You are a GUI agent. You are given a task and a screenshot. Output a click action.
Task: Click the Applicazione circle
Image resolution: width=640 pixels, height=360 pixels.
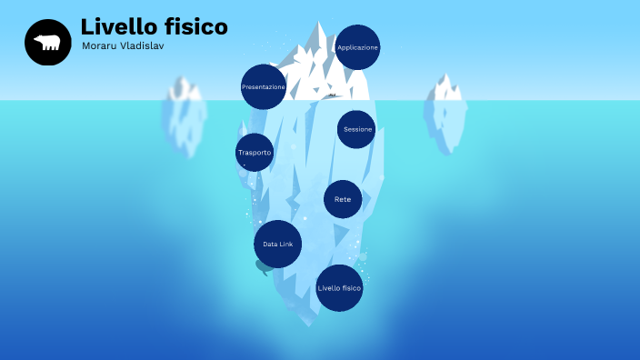(x=357, y=47)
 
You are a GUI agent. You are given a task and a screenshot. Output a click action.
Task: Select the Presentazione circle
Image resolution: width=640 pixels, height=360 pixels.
(x=264, y=87)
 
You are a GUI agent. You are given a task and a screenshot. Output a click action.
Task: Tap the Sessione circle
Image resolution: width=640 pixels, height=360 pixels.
(x=356, y=129)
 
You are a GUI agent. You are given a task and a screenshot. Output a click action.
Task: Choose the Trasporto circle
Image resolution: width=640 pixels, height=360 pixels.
(x=255, y=153)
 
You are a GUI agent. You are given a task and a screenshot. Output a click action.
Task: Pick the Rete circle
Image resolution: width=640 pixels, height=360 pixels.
(x=343, y=199)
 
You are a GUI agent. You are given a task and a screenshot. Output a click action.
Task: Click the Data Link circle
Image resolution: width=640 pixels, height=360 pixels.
(x=277, y=244)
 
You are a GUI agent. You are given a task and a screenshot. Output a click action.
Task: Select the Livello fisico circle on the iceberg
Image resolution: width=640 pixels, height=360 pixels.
(x=339, y=288)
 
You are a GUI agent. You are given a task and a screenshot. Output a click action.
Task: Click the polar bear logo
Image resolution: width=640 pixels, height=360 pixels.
(x=47, y=43)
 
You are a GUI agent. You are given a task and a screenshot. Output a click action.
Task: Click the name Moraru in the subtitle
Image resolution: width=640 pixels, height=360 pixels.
(x=99, y=45)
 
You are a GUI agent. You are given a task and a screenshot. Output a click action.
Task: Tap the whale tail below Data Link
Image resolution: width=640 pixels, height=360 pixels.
(x=264, y=267)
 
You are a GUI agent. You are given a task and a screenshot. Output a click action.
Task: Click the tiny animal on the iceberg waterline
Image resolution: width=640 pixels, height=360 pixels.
(x=333, y=95)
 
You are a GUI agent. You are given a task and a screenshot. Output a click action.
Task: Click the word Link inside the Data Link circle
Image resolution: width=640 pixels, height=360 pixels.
(x=285, y=245)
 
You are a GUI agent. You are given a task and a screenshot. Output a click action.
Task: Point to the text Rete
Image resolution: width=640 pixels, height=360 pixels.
(x=343, y=199)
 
